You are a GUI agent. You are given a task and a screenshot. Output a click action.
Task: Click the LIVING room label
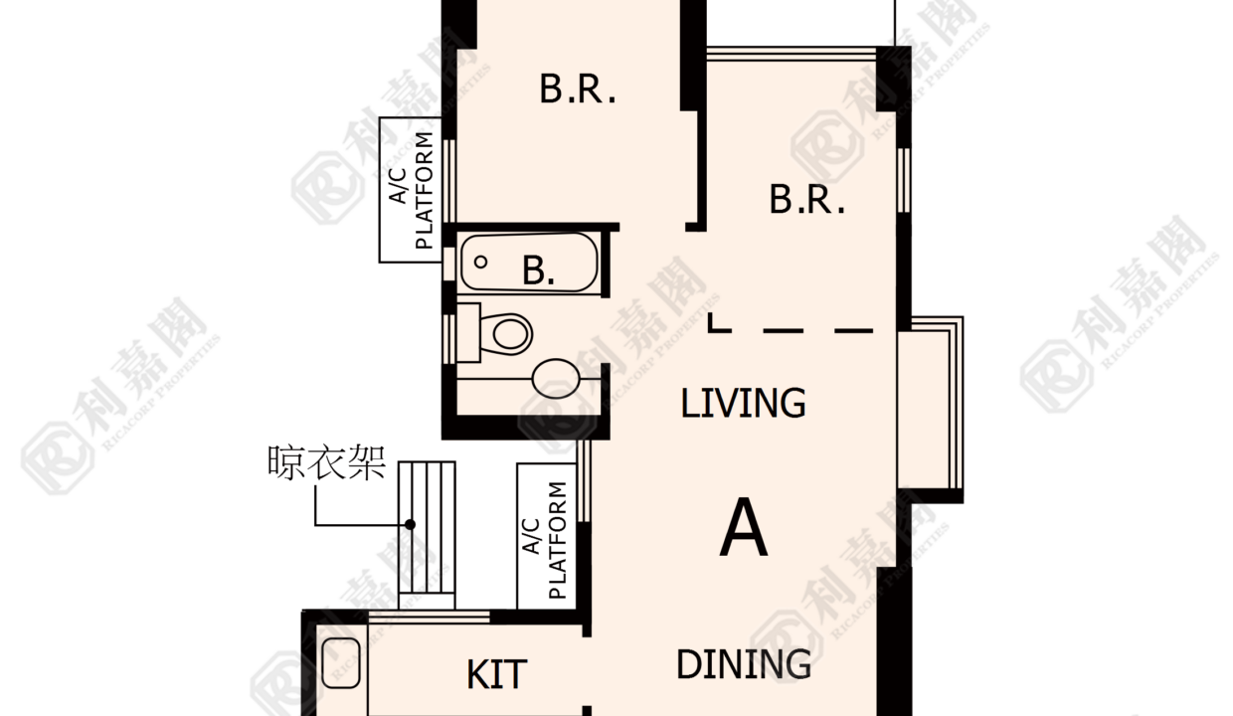pyautogui.click(x=743, y=403)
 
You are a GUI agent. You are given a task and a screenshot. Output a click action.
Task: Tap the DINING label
pyautogui.click(x=744, y=664)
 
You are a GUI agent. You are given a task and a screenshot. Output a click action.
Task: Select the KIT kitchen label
pyautogui.click(x=496, y=674)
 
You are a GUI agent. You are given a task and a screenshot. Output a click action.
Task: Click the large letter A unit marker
pyautogui.click(x=743, y=527)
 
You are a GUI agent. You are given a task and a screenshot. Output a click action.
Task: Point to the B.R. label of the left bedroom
pyautogui.click(x=578, y=89)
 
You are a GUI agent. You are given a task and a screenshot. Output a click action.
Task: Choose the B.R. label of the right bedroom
pyautogui.click(x=807, y=199)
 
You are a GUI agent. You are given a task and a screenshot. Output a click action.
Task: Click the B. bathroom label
pyautogui.click(x=538, y=269)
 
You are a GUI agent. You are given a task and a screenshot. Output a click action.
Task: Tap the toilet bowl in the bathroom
pyautogui.click(x=507, y=333)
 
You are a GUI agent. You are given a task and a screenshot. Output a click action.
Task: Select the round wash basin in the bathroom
pyautogui.click(x=556, y=379)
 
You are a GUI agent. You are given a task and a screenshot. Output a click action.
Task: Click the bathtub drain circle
pyautogui.click(x=480, y=262)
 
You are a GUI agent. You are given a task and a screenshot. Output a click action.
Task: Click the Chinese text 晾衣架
pyautogui.click(x=326, y=462)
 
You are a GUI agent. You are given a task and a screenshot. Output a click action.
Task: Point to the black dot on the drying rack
pyautogui.click(x=410, y=524)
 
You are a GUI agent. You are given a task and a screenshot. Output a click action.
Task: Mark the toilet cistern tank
pyautogui.click(x=468, y=332)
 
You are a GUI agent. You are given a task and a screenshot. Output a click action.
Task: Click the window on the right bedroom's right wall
pyautogui.click(x=903, y=180)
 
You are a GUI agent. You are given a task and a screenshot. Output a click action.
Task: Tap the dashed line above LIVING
pyautogui.click(x=791, y=330)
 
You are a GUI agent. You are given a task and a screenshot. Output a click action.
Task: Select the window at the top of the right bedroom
pyautogui.click(x=791, y=54)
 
